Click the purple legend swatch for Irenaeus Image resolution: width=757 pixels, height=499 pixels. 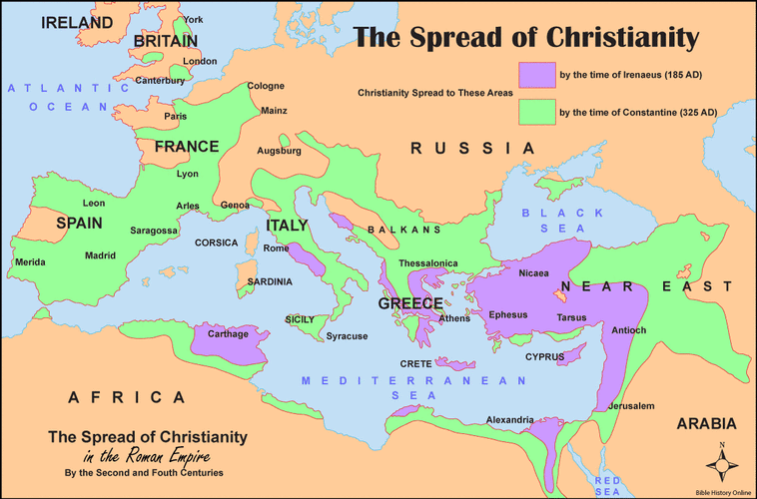pyautogui.click(x=536, y=75)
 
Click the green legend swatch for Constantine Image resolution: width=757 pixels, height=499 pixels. pyautogui.click(x=536, y=113)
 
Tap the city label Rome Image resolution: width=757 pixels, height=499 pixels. pyautogui.click(x=276, y=249)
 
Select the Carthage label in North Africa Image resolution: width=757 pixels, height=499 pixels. pyautogui.click(x=228, y=334)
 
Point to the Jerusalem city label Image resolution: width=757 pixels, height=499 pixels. pyautogui.click(x=631, y=406)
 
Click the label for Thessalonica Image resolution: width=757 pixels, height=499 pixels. pyautogui.click(x=428, y=263)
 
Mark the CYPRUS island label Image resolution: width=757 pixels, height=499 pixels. pyautogui.click(x=545, y=356)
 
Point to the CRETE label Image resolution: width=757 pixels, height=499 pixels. pyautogui.click(x=415, y=363)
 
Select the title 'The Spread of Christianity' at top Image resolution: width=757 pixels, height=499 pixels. pyautogui.click(x=526, y=38)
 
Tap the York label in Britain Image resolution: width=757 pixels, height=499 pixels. pyautogui.click(x=193, y=20)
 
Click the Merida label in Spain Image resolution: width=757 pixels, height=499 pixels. pyautogui.click(x=30, y=262)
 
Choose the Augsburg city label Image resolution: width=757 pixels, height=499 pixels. pyautogui.click(x=279, y=151)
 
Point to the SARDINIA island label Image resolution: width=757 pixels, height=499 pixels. pyautogui.click(x=270, y=282)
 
